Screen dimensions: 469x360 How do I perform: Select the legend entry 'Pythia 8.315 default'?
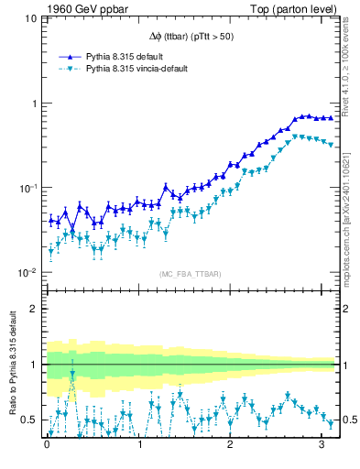[126, 56]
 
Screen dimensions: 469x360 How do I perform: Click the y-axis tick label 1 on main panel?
[33, 104]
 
